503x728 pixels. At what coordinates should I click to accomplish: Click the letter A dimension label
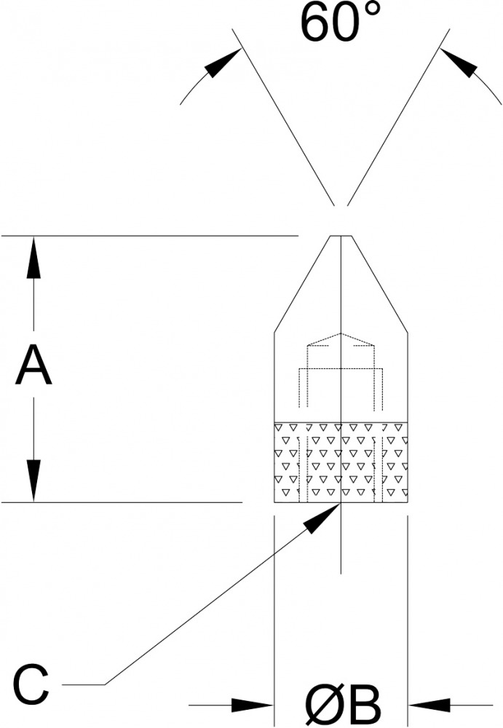tap(33, 365)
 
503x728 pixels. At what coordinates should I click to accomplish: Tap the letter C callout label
tap(31, 684)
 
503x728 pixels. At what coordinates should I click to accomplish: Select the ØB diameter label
tap(343, 704)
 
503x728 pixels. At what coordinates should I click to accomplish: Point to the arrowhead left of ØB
tap(252, 705)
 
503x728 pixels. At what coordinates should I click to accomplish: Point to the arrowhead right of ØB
tap(429, 705)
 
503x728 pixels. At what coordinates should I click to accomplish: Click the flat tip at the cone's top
tap(341, 237)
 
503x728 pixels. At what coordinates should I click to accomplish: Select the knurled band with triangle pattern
tap(341, 462)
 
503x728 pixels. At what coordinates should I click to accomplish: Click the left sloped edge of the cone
tap(302, 284)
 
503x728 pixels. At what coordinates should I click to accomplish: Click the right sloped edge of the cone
tap(379, 284)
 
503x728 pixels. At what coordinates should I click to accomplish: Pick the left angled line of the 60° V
tap(283, 117)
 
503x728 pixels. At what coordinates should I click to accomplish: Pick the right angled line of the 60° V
tap(398, 117)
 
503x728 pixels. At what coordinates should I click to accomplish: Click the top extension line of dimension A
tap(149, 236)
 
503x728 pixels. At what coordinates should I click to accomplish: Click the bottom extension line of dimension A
tap(122, 502)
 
